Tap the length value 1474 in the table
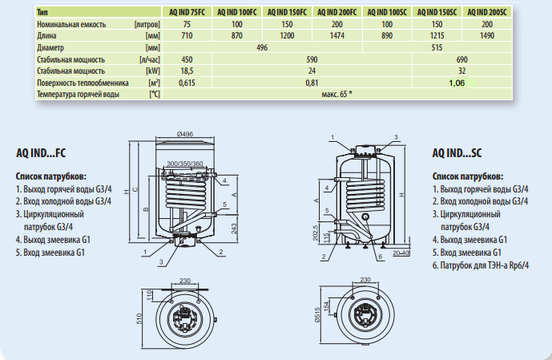click(336, 37)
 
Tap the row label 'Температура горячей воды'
click(78, 95)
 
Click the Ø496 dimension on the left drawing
click(185, 134)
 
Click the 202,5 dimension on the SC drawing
click(316, 231)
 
